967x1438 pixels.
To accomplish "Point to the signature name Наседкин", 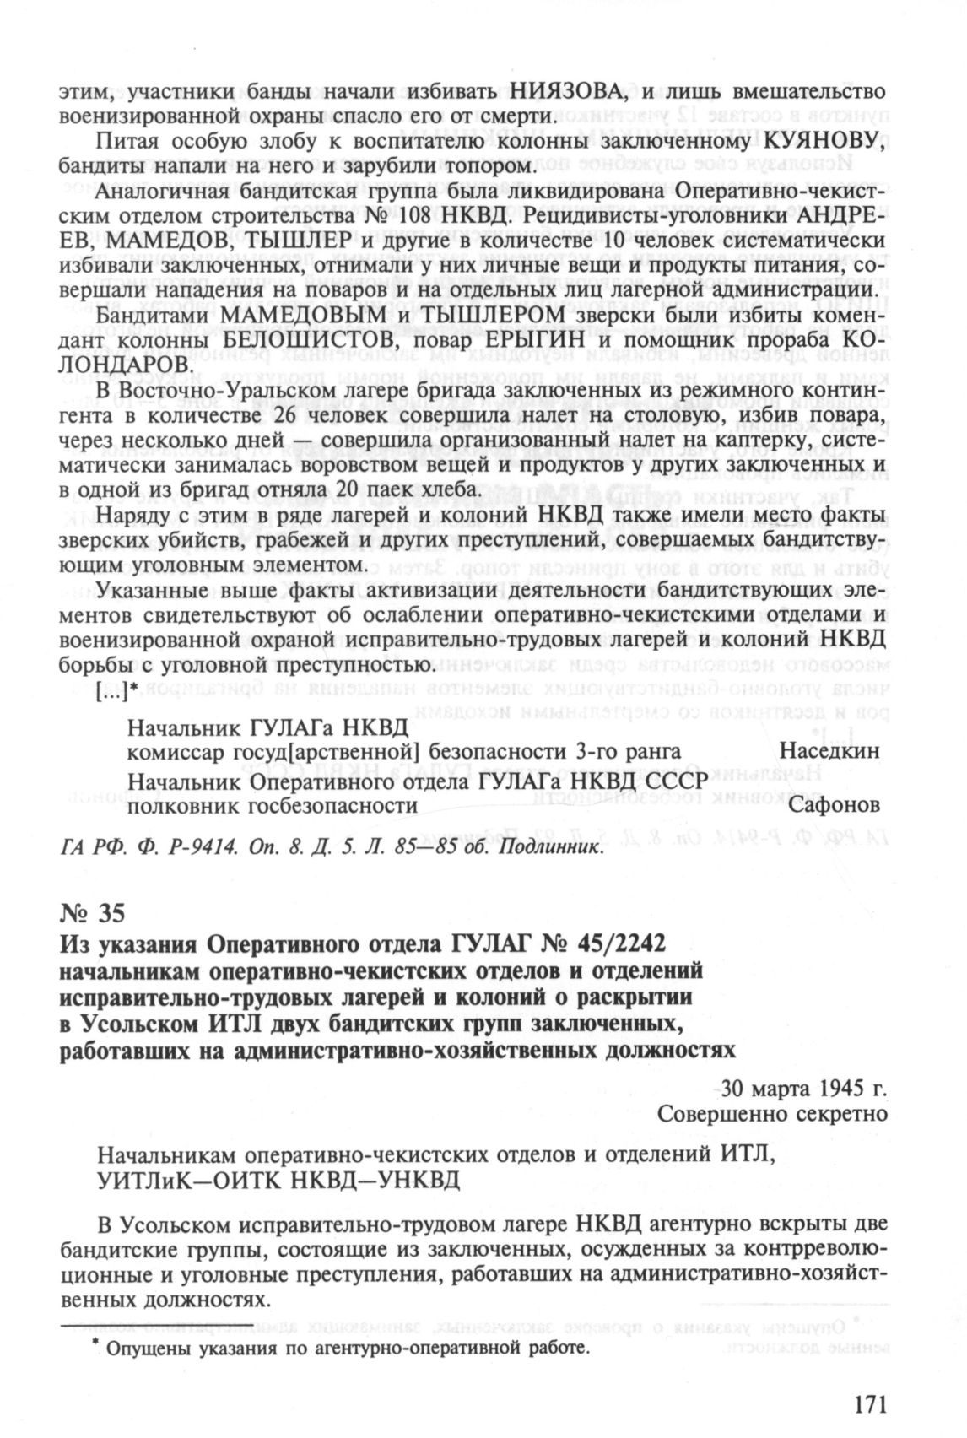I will point(830,751).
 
